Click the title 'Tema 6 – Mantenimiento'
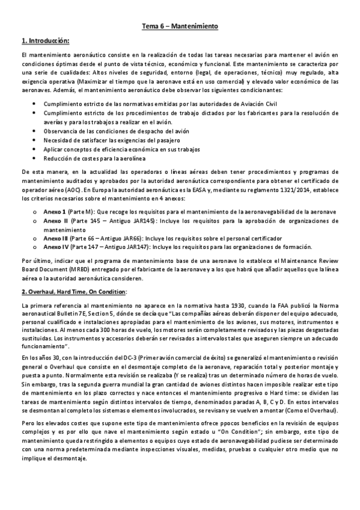[180, 27]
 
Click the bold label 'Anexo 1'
[56, 212]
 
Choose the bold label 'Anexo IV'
[56, 247]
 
